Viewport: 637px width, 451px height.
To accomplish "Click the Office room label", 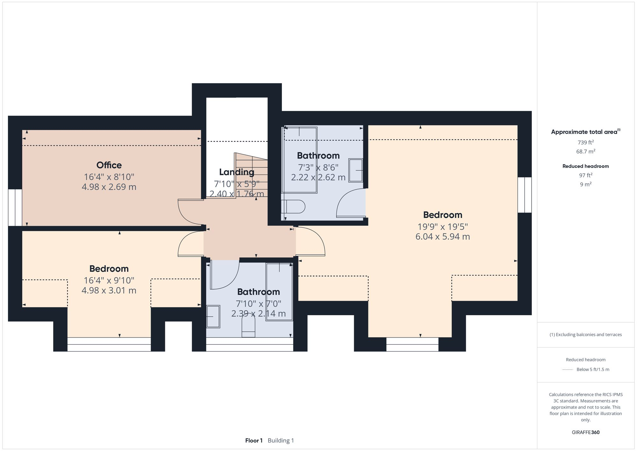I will point(109,165).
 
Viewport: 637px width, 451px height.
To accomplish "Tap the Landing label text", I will point(237,172).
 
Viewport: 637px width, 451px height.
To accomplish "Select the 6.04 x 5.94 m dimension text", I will point(442,236).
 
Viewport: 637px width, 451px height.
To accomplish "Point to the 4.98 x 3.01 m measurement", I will point(109,290).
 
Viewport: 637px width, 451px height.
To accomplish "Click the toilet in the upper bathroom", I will point(294,207).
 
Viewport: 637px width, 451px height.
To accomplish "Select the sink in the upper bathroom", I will point(356,171).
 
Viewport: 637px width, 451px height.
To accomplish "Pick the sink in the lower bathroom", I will point(213,316).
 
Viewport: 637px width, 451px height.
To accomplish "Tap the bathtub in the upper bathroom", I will point(299,160).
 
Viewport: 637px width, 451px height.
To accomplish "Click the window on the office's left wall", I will point(15,207).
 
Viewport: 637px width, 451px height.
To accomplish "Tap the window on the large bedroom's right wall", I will point(524,195).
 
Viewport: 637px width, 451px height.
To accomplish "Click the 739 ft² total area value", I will point(585,142).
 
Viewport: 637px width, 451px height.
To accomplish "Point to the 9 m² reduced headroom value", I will point(585,184).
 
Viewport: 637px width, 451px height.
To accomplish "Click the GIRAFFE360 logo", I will point(585,433).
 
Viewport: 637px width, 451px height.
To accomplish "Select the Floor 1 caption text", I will point(254,440).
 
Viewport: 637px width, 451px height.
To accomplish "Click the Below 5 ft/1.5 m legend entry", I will point(592,369).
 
